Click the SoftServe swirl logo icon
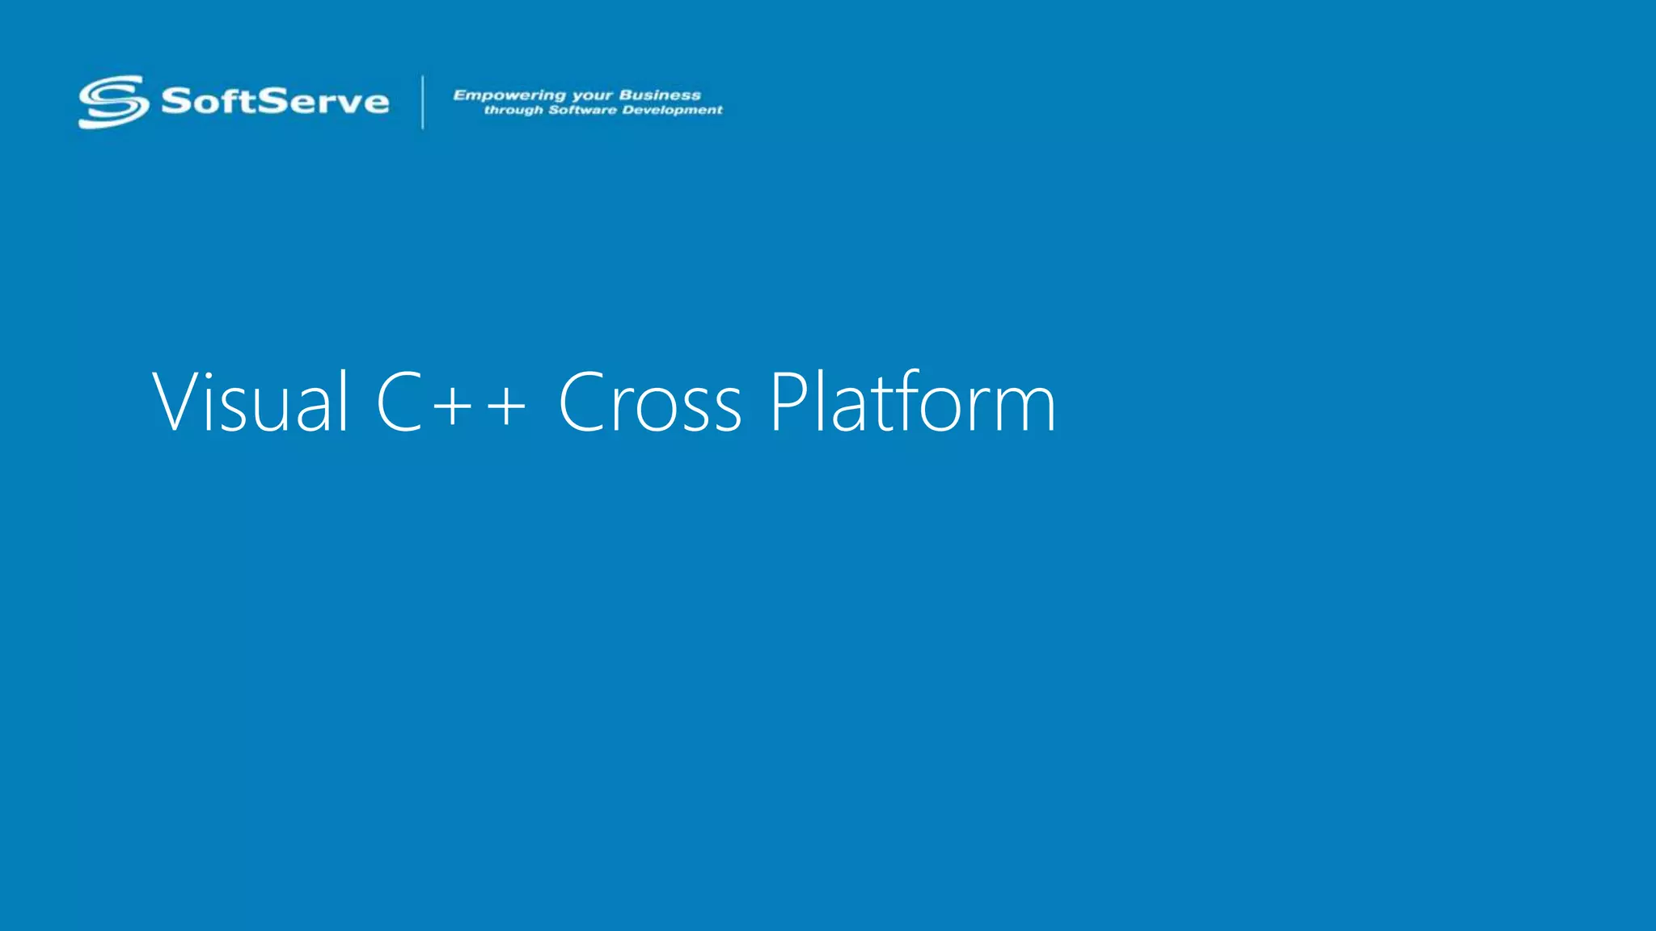click(x=113, y=102)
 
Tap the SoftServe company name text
click(x=275, y=102)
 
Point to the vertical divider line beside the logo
click(x=422, y=102)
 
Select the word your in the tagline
click(x=592, y=96)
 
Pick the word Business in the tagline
click(x=660, y=95)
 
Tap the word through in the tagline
click(x=513, y=111)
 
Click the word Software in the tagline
click(x=581, y=110)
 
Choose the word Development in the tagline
click(x=672, y=111)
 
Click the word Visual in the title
click(x=251, y=402)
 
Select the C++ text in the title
click(x=451, y=402)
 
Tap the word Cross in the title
click(x=649, y=402)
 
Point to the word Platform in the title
click(x=912, y=402)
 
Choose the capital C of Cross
click(x=584, y=402)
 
